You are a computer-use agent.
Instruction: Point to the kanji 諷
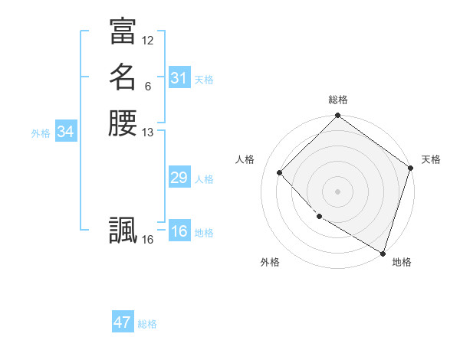[x=123, y=230]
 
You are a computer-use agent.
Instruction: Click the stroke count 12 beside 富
[x=148, y=40]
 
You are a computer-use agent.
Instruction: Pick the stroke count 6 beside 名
[x=148, y=86]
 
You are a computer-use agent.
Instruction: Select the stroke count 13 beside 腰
[x=148, y=133]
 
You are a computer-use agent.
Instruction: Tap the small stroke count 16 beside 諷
[x=148, y=240]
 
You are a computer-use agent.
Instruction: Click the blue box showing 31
[x=179, y=78]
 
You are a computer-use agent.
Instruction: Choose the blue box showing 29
[x=179, y=178]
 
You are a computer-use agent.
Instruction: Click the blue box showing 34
[x=66, y=132]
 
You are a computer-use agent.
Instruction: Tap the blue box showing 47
[x=123, y=322]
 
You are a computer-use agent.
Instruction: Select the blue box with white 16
[x=179, y=231]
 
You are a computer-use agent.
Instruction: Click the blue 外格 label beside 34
[x=41, y=133]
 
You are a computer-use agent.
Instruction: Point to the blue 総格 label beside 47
[x=147, y=324]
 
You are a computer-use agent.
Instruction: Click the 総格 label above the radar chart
[x=338, y=100]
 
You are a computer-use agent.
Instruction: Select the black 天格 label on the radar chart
[x=431, y=159]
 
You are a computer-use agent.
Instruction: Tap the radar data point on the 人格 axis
[x=280, y=172]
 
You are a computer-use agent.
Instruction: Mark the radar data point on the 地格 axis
[x=382, y=252]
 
